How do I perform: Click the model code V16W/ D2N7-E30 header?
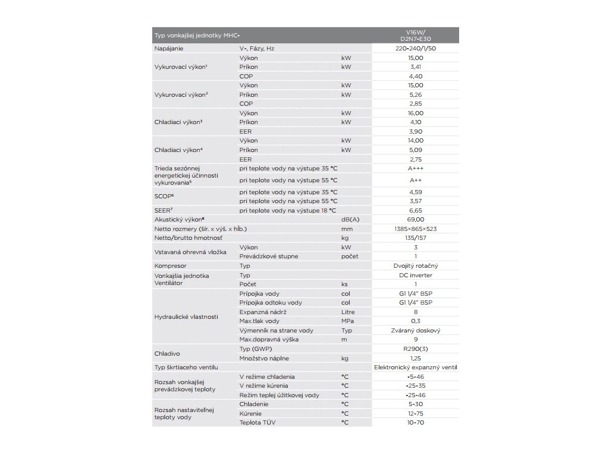(416, 35)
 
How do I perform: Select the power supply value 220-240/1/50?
(416, 49)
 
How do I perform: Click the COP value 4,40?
(416, 76)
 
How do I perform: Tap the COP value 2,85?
(416, 103)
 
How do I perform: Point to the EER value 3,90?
(416, 131)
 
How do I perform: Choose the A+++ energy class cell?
(416, 168)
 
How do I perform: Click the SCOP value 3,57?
(416, 201)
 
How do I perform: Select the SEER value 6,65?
(416, 210)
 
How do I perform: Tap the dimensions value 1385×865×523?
(416, 229)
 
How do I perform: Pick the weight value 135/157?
(416, 237)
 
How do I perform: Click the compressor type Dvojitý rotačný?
(416, 265)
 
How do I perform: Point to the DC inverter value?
(416, 275)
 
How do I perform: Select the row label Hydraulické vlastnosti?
(186, 316)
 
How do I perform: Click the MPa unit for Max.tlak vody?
(348, 321)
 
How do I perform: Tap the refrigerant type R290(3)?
(416, 349)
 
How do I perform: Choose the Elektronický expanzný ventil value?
(416, 368)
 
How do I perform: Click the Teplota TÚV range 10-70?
(416, 422)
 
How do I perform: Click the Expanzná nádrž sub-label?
(263, 312)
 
